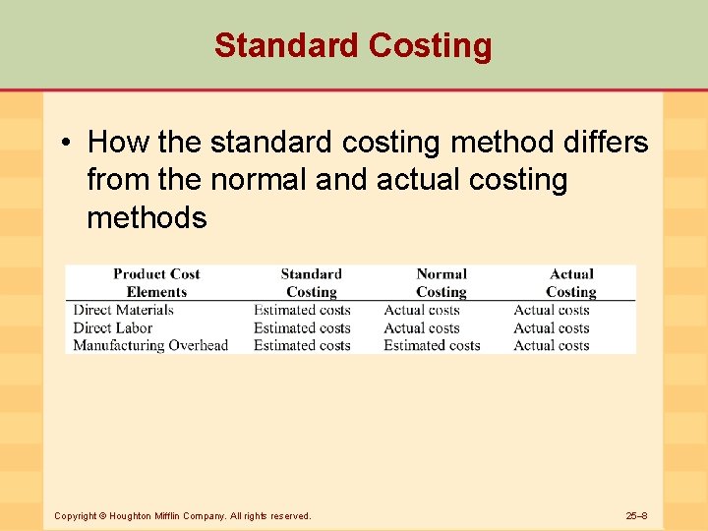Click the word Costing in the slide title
point(430,45)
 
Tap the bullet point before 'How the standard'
point(63,144)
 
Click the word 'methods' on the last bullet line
point(147,217)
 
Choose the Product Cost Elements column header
point(156,283)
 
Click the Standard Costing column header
point(311,283)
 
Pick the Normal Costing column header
point(442,283)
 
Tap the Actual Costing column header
point(571,283)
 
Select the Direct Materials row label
point(123,311)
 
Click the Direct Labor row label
point(113,328)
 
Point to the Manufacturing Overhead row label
point(150,346)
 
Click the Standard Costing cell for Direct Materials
point(302,311)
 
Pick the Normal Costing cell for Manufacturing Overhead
point(432,346)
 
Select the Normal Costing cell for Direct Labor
point(422,328)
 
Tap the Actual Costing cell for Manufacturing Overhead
point(552,346)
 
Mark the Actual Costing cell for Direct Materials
point(552,311)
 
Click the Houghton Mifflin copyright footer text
point(182,515)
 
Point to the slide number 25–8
point(636,515)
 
